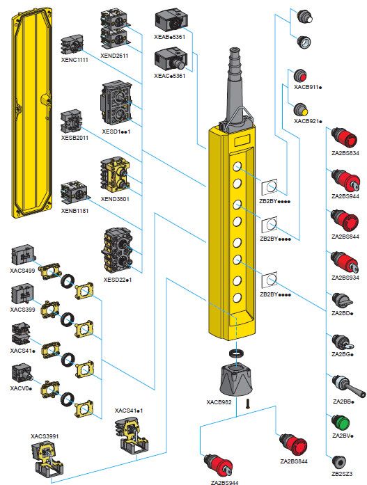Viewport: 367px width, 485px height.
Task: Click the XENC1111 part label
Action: (75, 60)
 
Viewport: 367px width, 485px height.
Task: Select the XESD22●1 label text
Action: (117, 280)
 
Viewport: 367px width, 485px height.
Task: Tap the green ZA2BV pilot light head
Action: (341, 423)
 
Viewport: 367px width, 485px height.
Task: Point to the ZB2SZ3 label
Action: (342, 474)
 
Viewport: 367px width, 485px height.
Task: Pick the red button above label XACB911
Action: (300, 76)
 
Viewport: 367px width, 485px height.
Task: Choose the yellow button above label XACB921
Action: (301, 110)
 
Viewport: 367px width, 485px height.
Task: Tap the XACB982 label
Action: (219, 402)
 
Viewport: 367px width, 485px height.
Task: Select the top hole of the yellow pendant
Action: (237, 167)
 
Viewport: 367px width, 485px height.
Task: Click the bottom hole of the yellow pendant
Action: (237, 298)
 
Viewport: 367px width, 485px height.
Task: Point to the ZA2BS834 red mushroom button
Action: (344, 137)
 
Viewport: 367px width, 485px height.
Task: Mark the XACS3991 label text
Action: (45, 436)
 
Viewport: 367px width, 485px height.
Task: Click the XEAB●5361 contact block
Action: (170, 21)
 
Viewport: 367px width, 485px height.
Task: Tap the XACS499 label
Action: (22, 271)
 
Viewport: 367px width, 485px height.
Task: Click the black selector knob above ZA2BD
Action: (342, 300)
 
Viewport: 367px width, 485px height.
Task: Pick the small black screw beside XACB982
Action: (247, 404)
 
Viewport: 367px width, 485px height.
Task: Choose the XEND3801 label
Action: (115, 199)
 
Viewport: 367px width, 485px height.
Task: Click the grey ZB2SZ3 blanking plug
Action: (339, 462)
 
